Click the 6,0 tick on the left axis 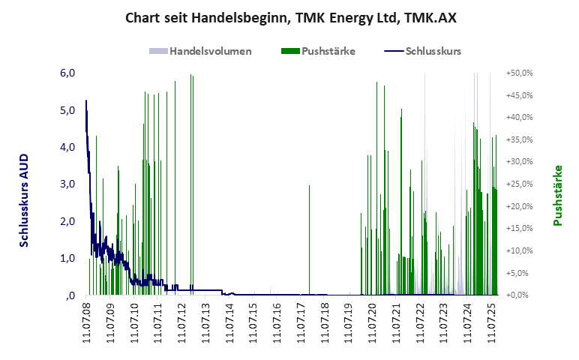(68, 73)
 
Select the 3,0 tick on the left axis (68, 184)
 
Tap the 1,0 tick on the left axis (68, 258)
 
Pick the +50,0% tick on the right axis (519, 73)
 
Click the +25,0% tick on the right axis (519, 184)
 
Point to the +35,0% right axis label (519, 139)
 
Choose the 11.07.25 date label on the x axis (492, 322)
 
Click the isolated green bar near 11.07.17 (309, 240)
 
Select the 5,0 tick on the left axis (68, 110)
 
